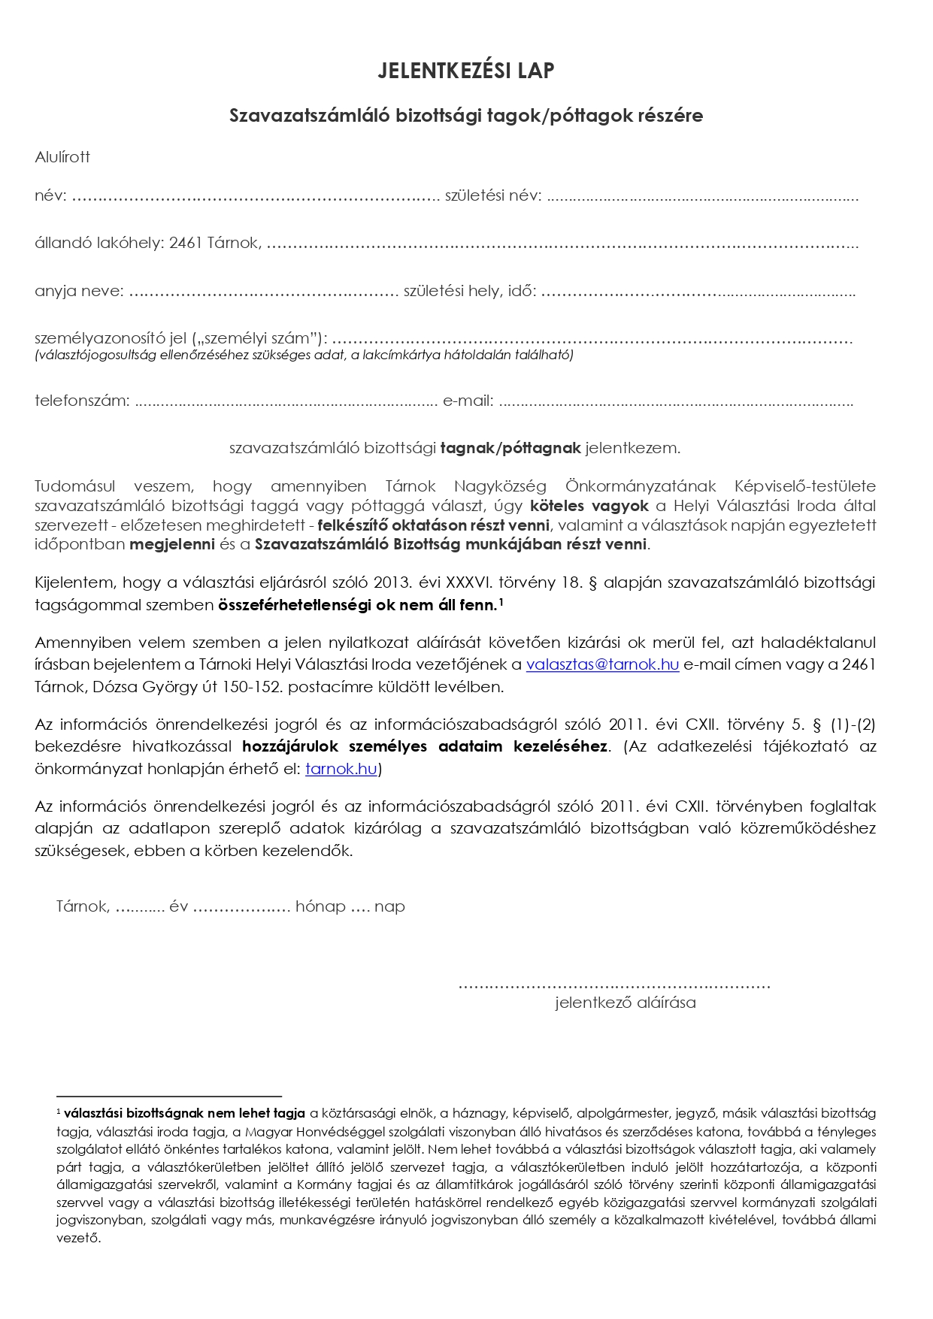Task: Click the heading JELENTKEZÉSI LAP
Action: pyautogui.click(x=465, y=71)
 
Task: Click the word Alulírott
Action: pyautogui.click(x=62, y=157)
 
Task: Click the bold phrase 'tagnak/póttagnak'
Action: pyautogui.click(x=510, y=449)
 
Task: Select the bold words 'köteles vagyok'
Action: pyautogui.click(x=589, y=506)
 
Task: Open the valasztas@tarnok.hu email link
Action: pyautogui.click(x=602, y=665)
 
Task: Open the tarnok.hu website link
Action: pyautogui.click(x=341, y=770)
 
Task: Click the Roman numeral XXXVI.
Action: pyautogui.click(x=469, y=582)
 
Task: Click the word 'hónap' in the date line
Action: pyautogui.click(x=320, y=906)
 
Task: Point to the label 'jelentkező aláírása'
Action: pyautogui.click(x=626, y=1003)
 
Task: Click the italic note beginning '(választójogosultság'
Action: pyautogui.click(x=304, y=355)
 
